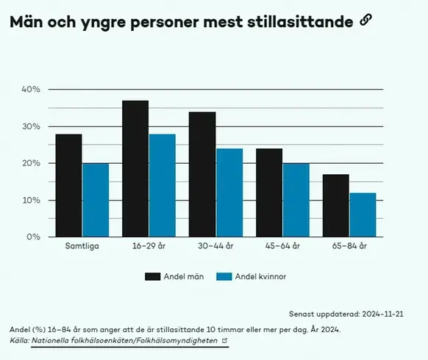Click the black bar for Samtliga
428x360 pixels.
(x=68, y=185)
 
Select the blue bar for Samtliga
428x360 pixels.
(x=96, y=200)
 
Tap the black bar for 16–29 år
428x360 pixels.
(x=135, y=168)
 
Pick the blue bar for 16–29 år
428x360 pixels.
(x=163, y=185)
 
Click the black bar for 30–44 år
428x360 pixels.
(x=202, y=174)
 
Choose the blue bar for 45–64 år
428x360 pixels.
(x=296, y=200)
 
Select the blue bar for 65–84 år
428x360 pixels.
(x=363, y=215)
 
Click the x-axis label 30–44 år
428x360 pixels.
(x=215, y=248)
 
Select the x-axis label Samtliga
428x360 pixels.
(x=82, y=248)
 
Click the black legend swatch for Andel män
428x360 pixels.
(x=153, y=276)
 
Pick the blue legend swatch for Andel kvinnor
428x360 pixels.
(x=225, y=276)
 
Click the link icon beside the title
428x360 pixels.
(x=366, y=21)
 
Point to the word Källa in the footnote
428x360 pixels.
(x=18, y=341)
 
